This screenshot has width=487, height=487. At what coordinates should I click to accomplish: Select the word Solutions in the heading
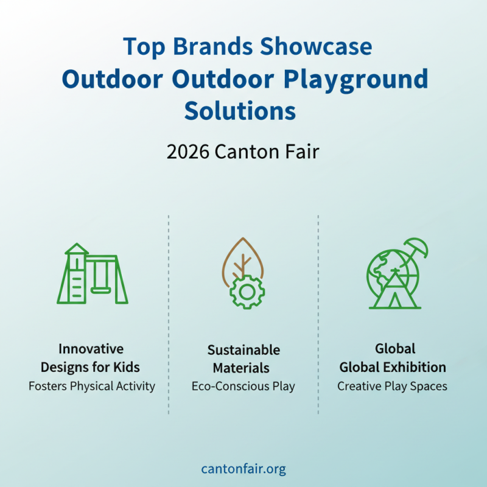coord(240,111)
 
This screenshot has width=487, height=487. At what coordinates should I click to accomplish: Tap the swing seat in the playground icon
coord(102,290)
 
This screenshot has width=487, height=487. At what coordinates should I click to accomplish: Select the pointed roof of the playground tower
coord(77,249)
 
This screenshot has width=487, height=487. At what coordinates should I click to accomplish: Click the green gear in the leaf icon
coord(247,292)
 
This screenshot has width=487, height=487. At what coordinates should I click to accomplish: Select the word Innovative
coord(91,349)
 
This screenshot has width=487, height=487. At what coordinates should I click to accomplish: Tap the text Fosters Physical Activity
coord(91,386)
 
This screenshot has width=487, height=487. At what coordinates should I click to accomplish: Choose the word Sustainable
coord(243,350)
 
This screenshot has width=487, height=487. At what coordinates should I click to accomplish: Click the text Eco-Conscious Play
coord(243,387)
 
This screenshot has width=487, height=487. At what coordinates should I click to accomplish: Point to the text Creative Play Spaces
coord(392,386)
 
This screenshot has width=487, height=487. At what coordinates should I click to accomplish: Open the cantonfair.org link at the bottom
coord(243,469)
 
